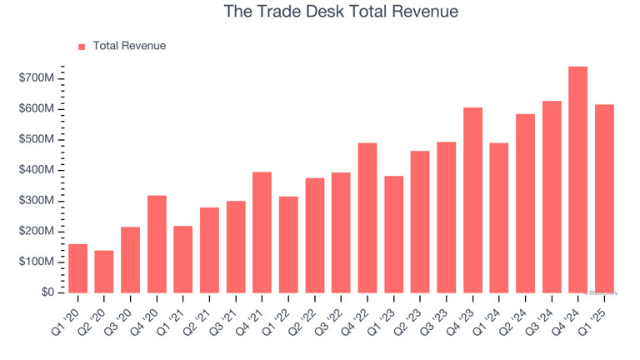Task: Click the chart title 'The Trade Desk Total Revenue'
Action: pos(342,12)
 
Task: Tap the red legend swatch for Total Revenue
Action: pos(82,47)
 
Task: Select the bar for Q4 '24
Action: pos(577,179)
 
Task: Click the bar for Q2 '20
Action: pos(104,272)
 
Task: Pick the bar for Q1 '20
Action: pos(77,268)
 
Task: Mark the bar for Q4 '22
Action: pos(367,217)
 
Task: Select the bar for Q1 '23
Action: pos(393,234)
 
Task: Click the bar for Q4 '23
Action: pos(472,200)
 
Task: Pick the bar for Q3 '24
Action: pos(552,197)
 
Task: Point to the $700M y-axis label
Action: pos(37,77)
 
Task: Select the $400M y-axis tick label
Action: pos(37,170)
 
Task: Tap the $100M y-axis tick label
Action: pos(37,262)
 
